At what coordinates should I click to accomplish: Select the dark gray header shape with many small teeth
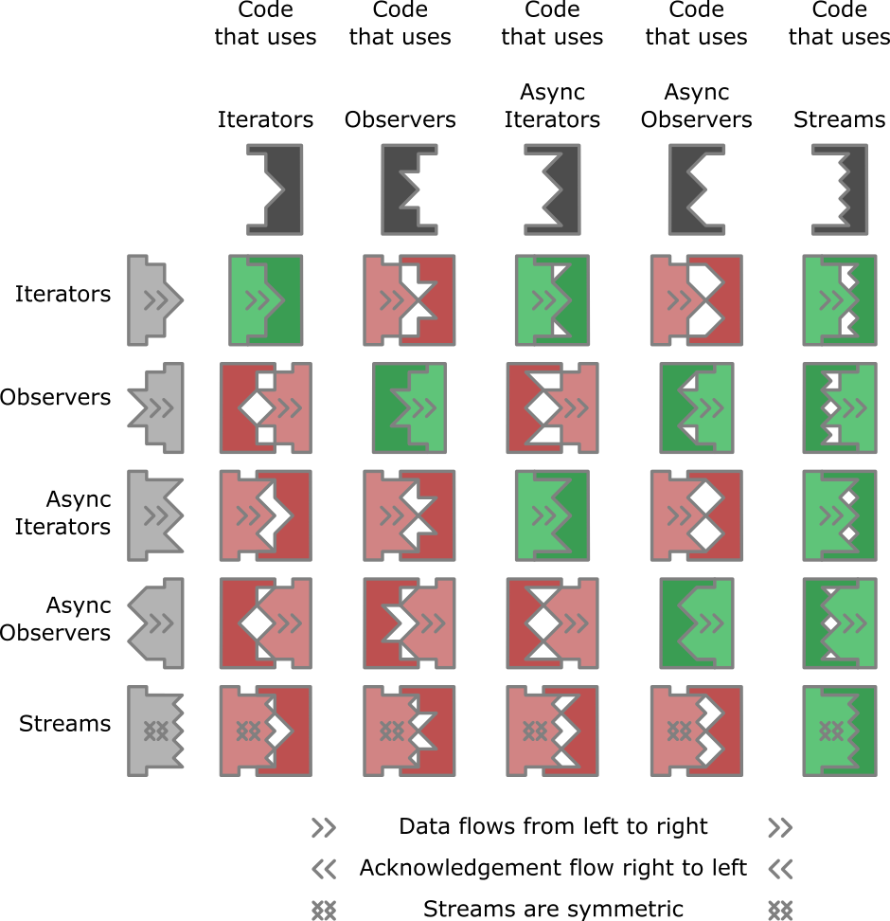click(839, 190)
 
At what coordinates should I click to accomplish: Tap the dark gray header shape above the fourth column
click(697, 190)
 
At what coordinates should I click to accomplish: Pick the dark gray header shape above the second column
click(409, 190)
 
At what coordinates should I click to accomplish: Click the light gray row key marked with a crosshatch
click(154, 731)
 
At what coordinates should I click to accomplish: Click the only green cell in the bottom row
click(839, 731)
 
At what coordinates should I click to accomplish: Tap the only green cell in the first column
click(266, 300)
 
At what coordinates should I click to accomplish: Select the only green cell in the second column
click(409, 407)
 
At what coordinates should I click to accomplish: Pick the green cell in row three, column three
click(552, 515)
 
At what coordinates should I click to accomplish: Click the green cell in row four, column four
click(697, 623)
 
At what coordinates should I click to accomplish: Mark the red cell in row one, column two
click(409, 300)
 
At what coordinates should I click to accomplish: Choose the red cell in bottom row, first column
click(266, 731)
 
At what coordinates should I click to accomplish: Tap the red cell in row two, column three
click(552, 407)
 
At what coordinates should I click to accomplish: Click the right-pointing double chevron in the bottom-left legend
click(324, 828)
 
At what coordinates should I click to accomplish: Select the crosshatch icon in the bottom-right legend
click(780, 910)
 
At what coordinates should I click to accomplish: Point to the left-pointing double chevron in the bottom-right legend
click(780, 869)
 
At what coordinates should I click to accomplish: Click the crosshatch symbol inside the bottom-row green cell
click(830, 731)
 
